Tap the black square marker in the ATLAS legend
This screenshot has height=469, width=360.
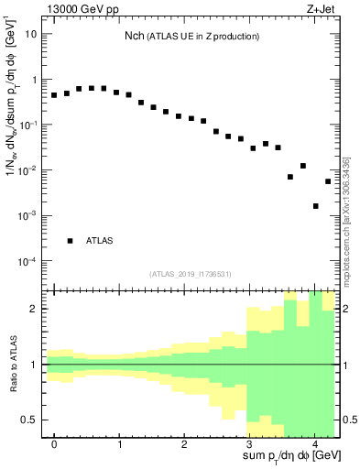tap(70, 241)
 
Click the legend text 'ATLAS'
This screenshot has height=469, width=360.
tap(100, 241)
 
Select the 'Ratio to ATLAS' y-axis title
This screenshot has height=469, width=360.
tap(13, 364)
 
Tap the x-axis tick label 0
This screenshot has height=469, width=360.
tap(55, 443)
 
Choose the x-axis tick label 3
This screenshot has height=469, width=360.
tap(250, 443)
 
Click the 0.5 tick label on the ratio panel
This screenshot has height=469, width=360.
tap(29, 420)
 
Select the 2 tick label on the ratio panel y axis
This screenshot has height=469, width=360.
tap(35, 309)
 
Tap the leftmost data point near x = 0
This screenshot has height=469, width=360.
tap(54, 95)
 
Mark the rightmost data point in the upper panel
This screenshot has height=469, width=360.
tap(328, 181)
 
